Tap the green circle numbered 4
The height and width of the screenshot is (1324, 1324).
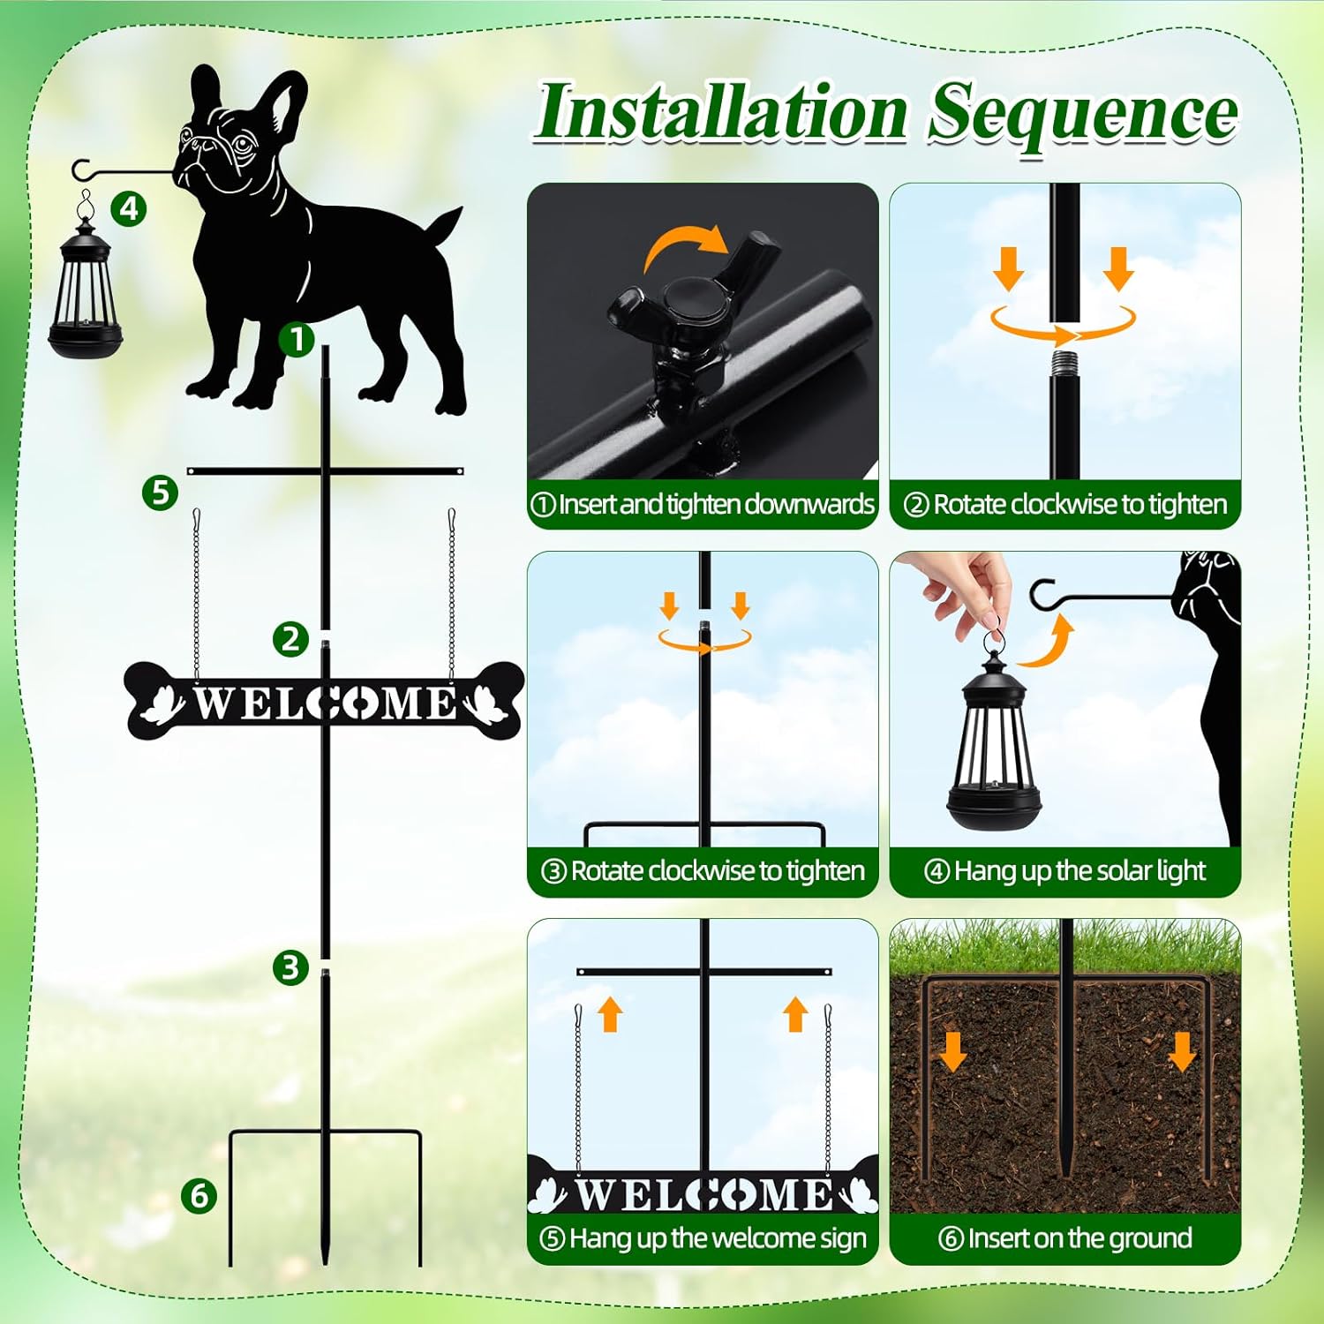[129, 209]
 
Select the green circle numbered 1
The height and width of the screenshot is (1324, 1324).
[297, 339]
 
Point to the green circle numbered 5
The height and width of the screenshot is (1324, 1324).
[160, 492]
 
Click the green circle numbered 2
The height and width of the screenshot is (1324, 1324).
[290, 638]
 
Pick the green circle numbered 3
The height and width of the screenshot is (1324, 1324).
[290, 967]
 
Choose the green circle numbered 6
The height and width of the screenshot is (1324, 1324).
[199, 1195]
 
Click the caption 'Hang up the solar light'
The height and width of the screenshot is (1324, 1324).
[1065, 871]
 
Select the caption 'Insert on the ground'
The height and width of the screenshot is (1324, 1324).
[1065, 1238]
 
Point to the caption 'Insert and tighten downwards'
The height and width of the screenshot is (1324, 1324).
[703, 504]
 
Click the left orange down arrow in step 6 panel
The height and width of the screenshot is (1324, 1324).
[952, 1051]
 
